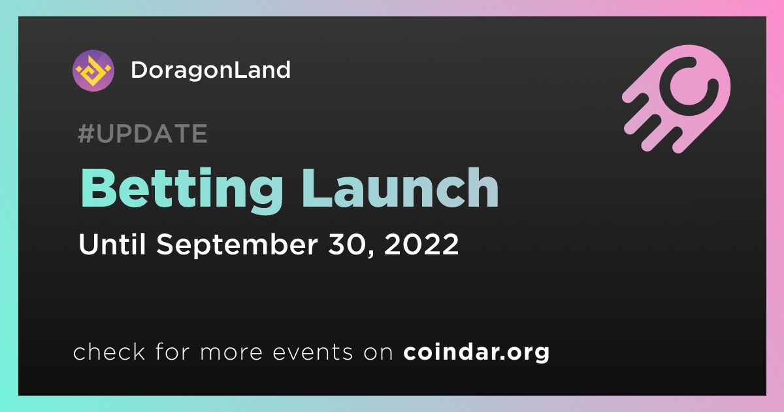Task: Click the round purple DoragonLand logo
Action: tap(93, 71)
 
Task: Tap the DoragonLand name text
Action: tap(210, 70)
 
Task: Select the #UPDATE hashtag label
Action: tap(143, 133)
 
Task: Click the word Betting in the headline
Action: tap(182, 190)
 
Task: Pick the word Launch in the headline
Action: tap(400, 188)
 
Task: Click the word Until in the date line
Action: tap(112, 244)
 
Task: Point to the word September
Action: tap(237, 245)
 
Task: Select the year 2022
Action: tap(421, 244)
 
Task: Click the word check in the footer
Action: tap(109, 352)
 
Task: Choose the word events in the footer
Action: tap(312, 352)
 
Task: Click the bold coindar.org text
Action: tap(476, 352)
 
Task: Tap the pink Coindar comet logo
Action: tap(677, 99)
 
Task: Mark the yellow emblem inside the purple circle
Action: tap(93, 71)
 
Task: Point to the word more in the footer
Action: tap(231, 352)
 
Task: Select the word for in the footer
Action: tap(172, 352)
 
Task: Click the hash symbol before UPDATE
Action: tap(86, 133)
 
